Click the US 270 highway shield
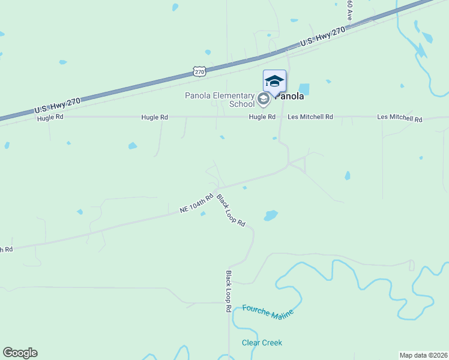(x=200, y=71)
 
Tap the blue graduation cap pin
(x=274, y=82)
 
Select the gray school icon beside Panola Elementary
(x=263, y=99)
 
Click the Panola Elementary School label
(x=220, y=100)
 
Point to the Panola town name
(x=291, y=96)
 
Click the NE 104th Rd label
(x=197, y=204)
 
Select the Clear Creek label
(x=262, y=343)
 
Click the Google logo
(x=20, y=353)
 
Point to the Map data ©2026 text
(x=423, y=355)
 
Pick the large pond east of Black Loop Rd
(x=271, y=215)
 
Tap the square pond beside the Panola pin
(x=304, y=89)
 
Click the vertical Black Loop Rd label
(x=229, y=291)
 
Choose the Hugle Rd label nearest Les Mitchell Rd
(x=262, y=117)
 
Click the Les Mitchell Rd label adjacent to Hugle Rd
(x=310, y=117)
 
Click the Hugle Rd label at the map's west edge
(x=50, y=118)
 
